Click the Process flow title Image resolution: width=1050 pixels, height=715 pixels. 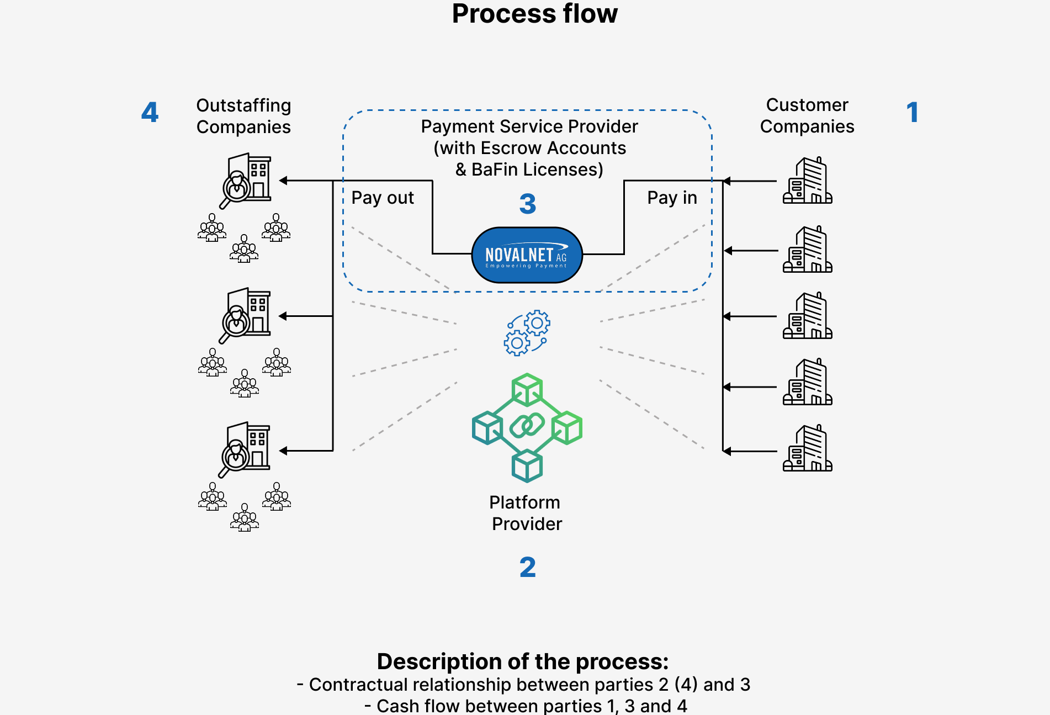[x=534, y=14]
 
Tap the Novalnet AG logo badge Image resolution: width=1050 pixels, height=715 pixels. [x=527, y=255]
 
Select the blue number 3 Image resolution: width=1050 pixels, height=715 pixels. [x=527, y=204]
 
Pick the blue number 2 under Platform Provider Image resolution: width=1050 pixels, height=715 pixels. [x=527, y=567]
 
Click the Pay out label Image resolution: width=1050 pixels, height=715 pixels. [x=383, y=198]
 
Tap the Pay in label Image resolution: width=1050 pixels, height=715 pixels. [x=672, y=198]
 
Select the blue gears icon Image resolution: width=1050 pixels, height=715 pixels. [x=527, y=332]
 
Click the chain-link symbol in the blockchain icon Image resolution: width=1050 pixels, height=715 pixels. [x=527, y=426]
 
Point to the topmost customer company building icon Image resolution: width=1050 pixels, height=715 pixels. [x=807, y=181]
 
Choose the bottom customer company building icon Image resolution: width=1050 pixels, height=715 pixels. [x=807, y=448]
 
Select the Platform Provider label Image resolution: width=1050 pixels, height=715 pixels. [x=526, y=513]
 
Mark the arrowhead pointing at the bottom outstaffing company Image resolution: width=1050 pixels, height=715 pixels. [x=283, y=451]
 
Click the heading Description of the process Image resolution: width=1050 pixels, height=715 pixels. [x=522, y=661]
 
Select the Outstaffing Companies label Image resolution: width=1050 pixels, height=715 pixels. [x=243, y=116]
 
